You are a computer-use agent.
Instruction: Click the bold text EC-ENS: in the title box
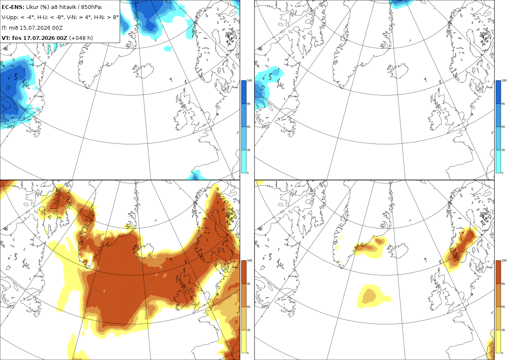point(13,7)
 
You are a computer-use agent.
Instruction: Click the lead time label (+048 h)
point(81,38)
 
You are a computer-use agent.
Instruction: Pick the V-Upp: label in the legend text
point(10,17)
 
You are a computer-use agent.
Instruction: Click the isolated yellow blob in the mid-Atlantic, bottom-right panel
point(372,296)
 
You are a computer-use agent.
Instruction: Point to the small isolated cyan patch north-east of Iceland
point(168,48)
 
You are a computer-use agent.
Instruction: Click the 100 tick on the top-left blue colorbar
point(249,81)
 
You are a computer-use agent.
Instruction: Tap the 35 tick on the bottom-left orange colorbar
point(249,330)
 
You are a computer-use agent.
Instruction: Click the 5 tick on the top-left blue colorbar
point(248,173)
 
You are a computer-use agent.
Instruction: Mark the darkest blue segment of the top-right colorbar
point(498,92)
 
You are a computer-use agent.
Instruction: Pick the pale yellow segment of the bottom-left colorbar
point(243,341)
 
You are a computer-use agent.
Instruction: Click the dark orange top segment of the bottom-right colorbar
point(498,272)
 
